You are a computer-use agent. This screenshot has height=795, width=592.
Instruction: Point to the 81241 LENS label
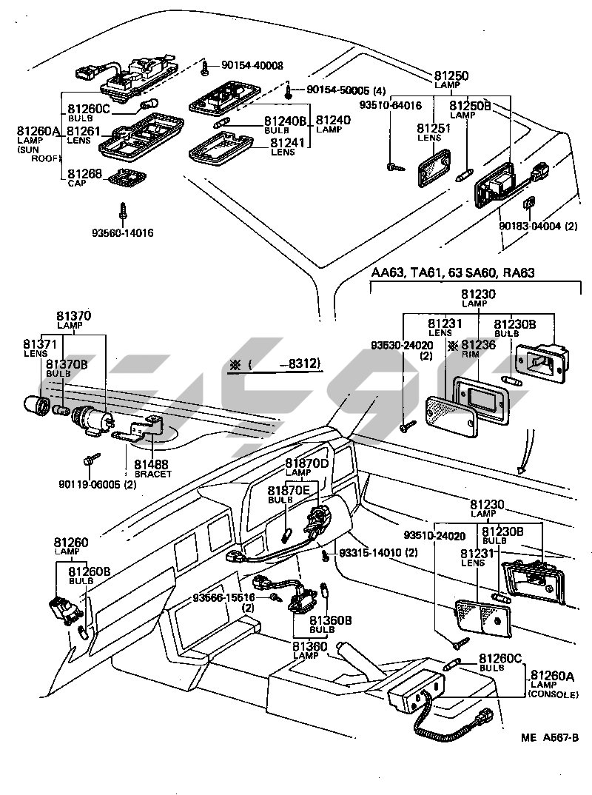pyautogui.click(x=283, y=146)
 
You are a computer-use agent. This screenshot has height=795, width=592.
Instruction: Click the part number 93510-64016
pyautogui.click(x=390, y=105)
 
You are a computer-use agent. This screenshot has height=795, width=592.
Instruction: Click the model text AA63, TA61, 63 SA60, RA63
pyautogui.click(x=452, y=274)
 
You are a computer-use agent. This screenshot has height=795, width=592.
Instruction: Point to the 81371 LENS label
pyautogui.click(x=39, y=347)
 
